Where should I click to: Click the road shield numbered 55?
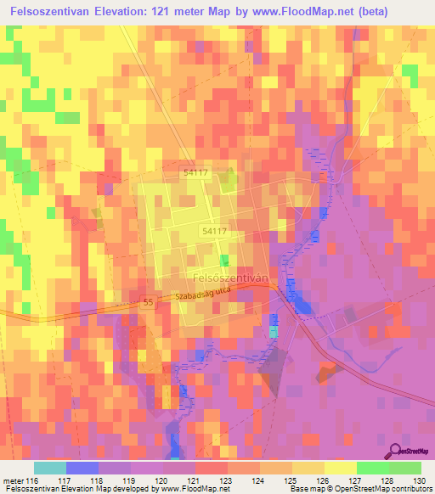pyautogui.click(x=148, y=302)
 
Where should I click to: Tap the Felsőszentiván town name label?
pyautogui.click(x=231, y=277)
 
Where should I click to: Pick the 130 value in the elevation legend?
pyautogui.click(x=419, y=480)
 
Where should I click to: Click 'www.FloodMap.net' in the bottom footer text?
pyautogui.click(x=182, y=490)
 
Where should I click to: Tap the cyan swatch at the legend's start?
pyautogui.click(x=50, y=468)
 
